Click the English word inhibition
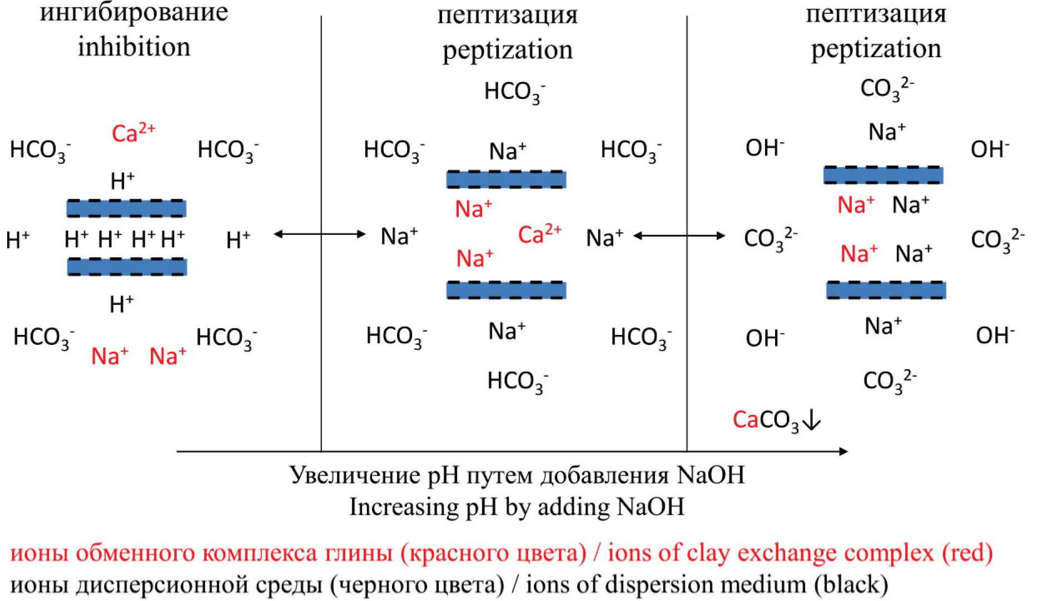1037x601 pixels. click(x=133, y=47)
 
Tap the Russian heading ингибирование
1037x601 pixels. click(x=133, y=12)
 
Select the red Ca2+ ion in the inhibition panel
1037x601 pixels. click(x=133, y=133)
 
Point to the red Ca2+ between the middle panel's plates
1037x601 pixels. click(x=539, y=234)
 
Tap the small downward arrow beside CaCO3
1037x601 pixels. click(x=812, y=420)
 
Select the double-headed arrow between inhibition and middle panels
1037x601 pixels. click(x=320, y=234)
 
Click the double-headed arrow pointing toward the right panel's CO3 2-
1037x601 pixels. click(x=679, y=236)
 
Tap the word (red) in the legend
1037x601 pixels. click(x=967, y=553)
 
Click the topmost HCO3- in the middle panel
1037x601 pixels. click(x=514, y=92)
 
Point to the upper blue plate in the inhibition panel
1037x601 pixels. click(x=126, y=208)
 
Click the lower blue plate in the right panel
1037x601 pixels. click(x=886, y=290)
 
